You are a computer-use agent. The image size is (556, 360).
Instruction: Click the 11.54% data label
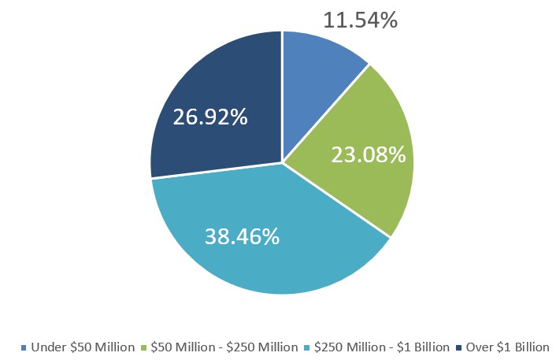361,19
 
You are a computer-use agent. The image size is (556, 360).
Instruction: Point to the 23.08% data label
369,155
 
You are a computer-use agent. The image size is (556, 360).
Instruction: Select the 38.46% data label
242,236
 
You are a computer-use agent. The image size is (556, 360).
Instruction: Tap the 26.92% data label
210,118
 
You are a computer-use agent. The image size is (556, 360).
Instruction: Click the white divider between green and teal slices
336,199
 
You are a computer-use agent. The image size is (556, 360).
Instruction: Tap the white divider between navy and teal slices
217,171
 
